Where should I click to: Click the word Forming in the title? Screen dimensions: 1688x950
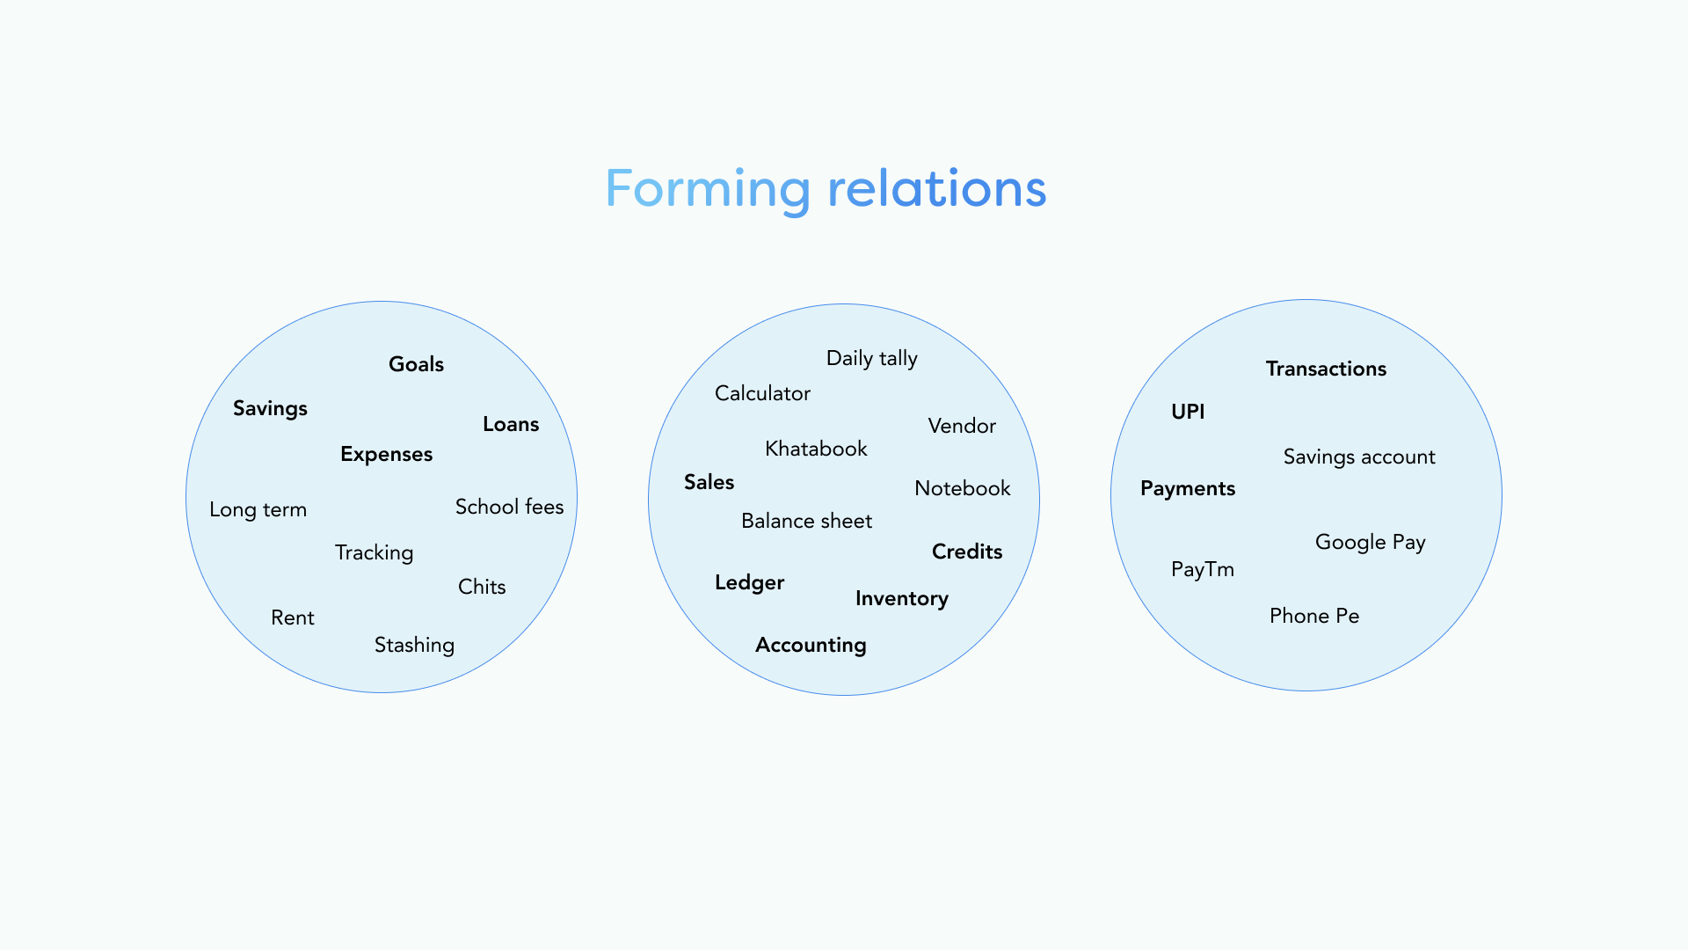(x=708, y=190)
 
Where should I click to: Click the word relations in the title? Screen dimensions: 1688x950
(x=937, y=188)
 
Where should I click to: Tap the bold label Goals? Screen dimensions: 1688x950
(x=416, y=364)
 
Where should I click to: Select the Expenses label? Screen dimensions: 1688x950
(x=386, y=455)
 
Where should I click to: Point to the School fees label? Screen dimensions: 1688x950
(x=509, y=507)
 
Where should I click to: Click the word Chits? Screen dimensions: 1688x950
(x=482, y=587)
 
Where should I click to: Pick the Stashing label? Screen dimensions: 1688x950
(x=414, y=646)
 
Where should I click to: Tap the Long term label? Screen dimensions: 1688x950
(x=258, y=510)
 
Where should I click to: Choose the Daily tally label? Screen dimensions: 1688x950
(x=871, y=359)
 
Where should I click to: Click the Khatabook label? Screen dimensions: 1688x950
(x=816, y=449)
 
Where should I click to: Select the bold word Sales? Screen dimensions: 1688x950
(x=709, y=482)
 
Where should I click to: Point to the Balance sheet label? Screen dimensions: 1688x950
(x=806, y=521)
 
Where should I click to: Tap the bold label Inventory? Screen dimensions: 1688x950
(x=901, y=599)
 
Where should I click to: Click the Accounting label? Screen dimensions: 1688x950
(x=811, y=646)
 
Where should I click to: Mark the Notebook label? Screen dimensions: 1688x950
(x=962, y=488)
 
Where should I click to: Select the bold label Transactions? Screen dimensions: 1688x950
(x=1326, y=369)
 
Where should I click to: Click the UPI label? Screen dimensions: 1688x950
(x=1188, y=412)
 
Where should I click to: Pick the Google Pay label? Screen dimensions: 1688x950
(x=1370, y=543)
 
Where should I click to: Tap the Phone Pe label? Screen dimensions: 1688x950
(x=1313, y=616)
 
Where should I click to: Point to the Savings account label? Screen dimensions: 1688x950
(x=1358, y=457)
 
